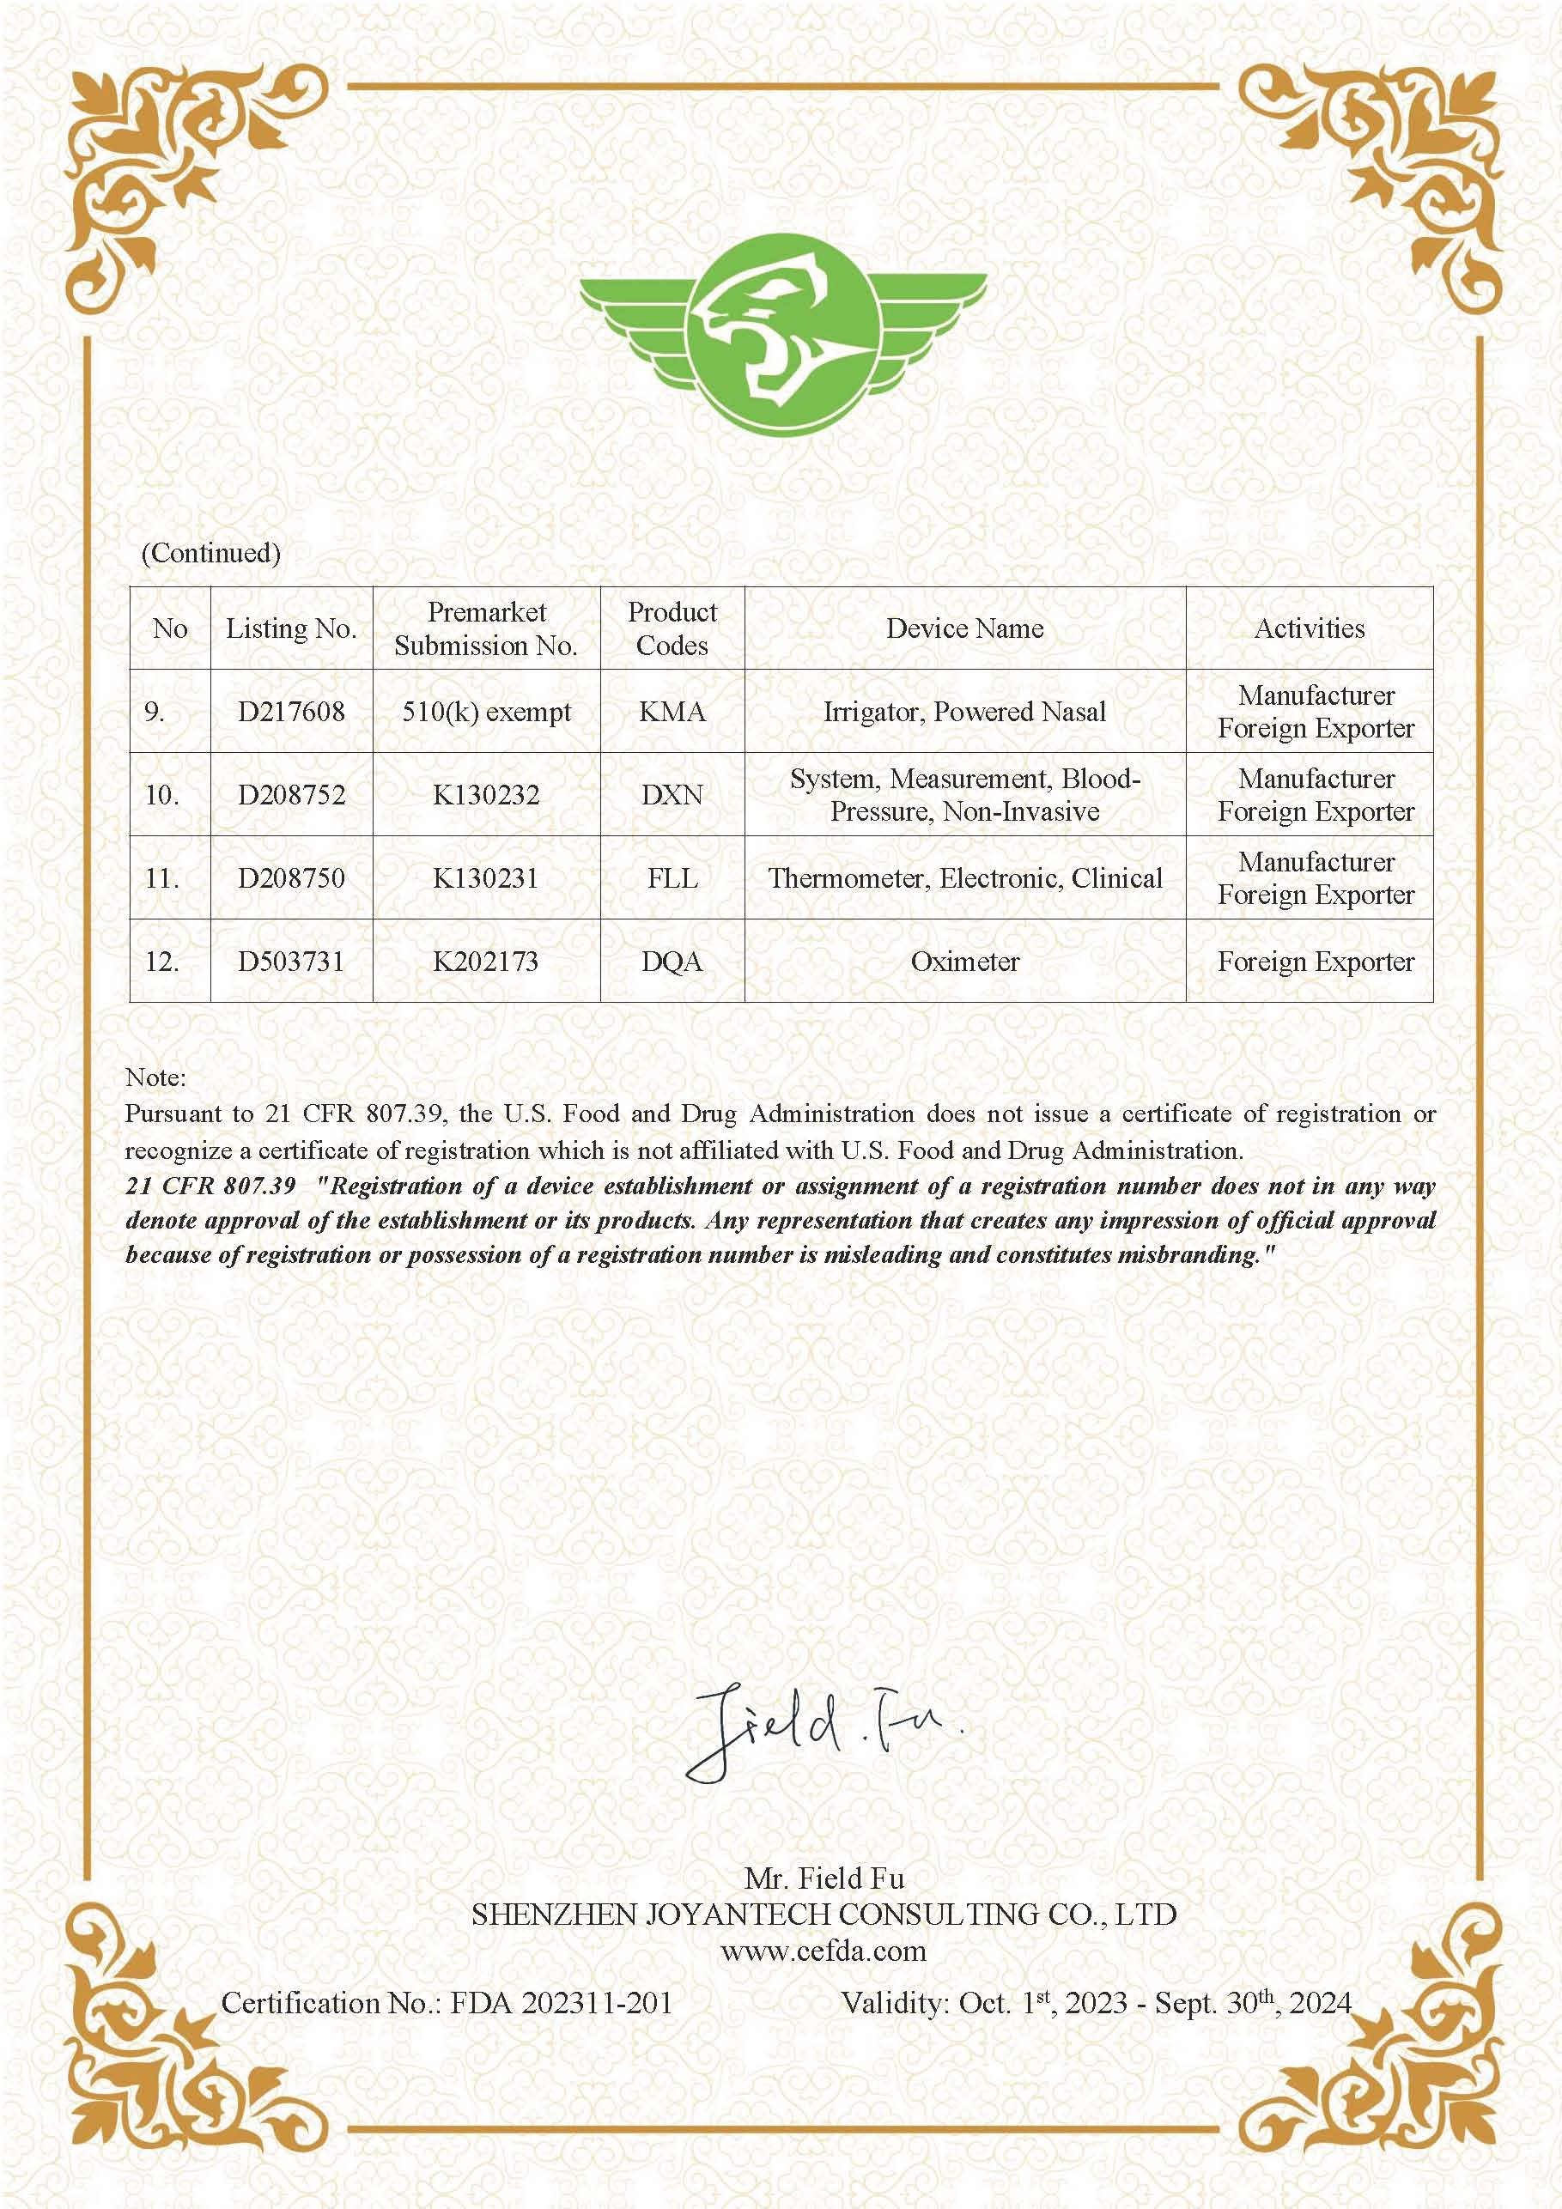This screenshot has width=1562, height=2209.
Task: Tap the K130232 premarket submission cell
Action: click(486, 795)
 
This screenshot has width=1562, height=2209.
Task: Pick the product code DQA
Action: click(672, 962)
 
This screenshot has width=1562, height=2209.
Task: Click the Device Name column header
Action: click(964, 628)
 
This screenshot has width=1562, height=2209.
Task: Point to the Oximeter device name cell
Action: click(964, 962)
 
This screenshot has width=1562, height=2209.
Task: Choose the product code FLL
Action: click(672, 878)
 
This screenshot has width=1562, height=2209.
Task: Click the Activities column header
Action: click(1309, 628)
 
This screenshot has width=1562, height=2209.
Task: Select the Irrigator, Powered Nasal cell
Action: click(964, 712)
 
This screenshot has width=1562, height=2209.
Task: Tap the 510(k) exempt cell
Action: click(486, 712)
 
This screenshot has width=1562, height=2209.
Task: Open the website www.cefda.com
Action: click(823, 1951)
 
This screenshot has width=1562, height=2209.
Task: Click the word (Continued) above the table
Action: click(210, 553)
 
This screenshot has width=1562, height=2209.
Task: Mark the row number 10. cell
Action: click(161, 795)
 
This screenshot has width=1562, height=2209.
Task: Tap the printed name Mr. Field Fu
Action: click(824, 1877)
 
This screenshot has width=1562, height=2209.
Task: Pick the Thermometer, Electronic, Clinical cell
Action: click(964, 878)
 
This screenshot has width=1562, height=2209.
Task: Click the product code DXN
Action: click(672, 795)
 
